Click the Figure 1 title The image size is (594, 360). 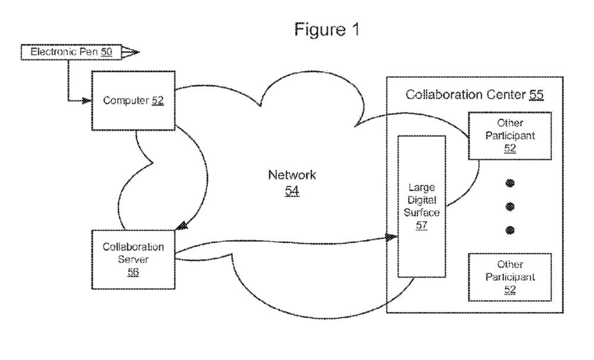pos(327,29)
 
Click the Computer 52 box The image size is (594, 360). pos(133,100)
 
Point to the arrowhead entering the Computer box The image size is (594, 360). pos(87,101)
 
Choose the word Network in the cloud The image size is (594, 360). pos(292,175)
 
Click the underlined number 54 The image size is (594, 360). pos(292,191)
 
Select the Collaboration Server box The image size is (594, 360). pos(133,259)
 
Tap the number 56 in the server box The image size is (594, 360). pos(133,272)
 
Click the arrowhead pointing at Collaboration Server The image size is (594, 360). pos(182,226)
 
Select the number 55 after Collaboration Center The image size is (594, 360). pos(536,94)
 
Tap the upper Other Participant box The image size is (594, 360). pos(510,135)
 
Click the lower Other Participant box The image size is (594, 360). pos(510,277)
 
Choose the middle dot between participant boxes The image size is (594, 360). pos(510,207)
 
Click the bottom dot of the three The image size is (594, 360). pos(510,230)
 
